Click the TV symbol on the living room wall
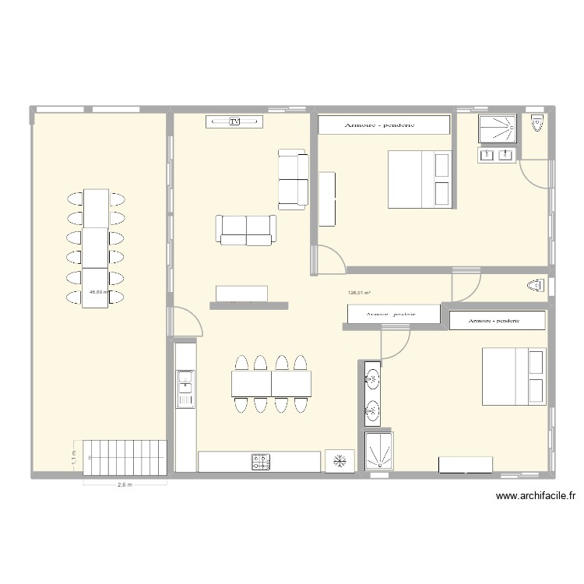tap(234, 121)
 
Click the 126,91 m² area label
tap(359, 293)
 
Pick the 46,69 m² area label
tap(97, 292)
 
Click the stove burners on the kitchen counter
tap(260, 462)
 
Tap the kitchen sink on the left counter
tap(185, 381)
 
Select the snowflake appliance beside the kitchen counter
tap(339, 461)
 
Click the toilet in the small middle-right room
tap(537, 286)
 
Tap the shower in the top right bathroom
tap(498, 128)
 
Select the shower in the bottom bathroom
tap(378, 452)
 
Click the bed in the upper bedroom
tap(420, 179)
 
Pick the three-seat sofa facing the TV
tap(247, 229)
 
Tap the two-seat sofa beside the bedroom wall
tap(294, 179)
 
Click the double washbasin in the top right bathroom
tap(498, 155)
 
